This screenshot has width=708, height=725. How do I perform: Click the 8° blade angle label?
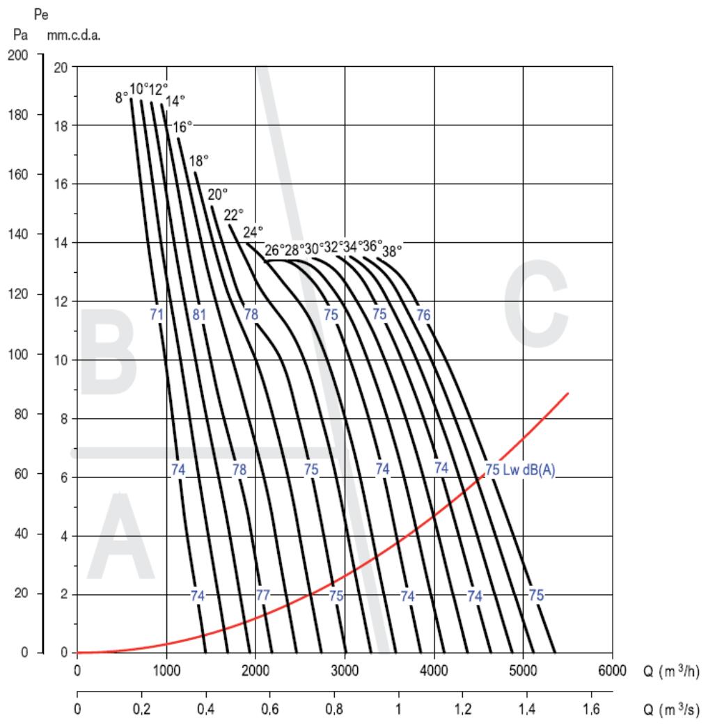pos(121,97)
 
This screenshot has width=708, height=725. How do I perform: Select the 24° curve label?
pos(253,231)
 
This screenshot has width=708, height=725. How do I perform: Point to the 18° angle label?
pos(199,161)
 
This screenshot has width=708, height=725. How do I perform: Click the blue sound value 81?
pos(200,314)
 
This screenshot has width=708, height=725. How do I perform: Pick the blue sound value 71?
pos(157,314)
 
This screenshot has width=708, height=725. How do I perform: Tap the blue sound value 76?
pos(423,314)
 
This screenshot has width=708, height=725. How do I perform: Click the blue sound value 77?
pos(262,596)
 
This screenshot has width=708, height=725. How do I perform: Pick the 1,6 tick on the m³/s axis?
pos(592,710)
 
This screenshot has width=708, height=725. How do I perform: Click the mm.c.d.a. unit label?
pos(74,36)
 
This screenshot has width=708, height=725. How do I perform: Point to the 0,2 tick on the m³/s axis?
pos(141,710)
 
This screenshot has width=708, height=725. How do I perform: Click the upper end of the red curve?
pos(568,393)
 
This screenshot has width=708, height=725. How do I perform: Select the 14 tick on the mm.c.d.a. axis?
pos(61,243)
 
